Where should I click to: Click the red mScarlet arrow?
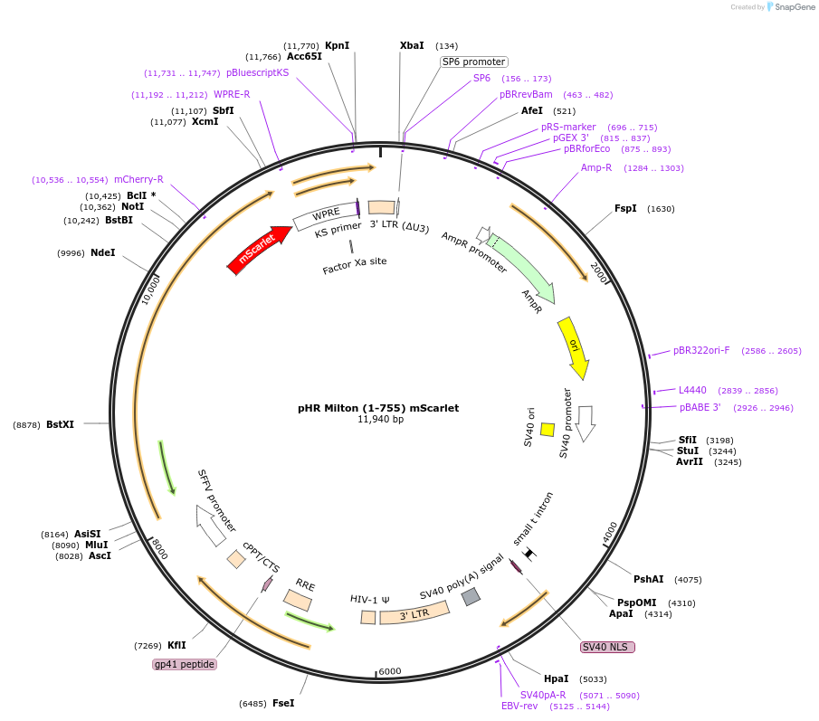(259, 249)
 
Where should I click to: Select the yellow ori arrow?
(575, 347)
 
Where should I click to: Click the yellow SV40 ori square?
(547, 429)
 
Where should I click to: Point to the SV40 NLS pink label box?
(607, 647)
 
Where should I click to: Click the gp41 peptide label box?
(185, 664)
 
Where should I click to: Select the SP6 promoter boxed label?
(473, 62)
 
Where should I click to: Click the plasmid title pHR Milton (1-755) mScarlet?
(378, 408)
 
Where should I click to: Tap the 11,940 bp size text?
(380, 419)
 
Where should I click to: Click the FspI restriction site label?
(625, 208)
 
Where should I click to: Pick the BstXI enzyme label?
(60, 424)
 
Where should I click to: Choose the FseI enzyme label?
(283, 703)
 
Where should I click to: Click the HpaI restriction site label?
(556, 678)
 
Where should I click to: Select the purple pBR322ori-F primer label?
(701, 350)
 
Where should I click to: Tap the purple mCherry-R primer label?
(138, 179)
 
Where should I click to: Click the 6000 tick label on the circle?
(390, 671)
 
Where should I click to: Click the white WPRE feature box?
(326, 215)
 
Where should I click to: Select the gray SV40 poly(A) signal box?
(471, 596)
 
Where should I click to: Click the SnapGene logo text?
(795, 7)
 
